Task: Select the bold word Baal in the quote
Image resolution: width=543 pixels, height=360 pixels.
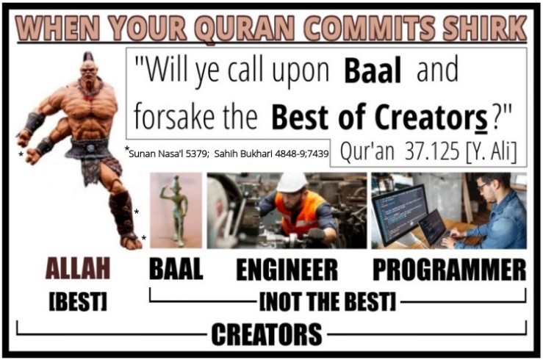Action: tap(373, 71)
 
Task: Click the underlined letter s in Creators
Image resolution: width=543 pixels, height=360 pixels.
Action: tap(481, 120)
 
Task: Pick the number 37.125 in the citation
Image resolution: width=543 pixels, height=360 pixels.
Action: tap(432, 151)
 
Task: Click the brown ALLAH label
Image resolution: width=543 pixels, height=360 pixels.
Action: tap(78, 268)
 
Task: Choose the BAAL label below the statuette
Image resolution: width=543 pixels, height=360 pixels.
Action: tap(176, 269)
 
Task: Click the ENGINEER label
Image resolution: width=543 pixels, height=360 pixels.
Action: tap(287, 270)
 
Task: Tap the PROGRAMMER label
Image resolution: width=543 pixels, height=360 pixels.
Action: tap(449, 270)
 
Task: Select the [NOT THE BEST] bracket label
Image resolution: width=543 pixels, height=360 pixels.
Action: tap(327, 301)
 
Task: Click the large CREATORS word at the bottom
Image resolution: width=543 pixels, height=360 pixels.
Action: tap(267, 334)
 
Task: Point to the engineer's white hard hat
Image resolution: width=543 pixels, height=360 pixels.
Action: tap(292, 183)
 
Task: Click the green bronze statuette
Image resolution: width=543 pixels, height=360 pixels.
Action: tap(174, 209)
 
